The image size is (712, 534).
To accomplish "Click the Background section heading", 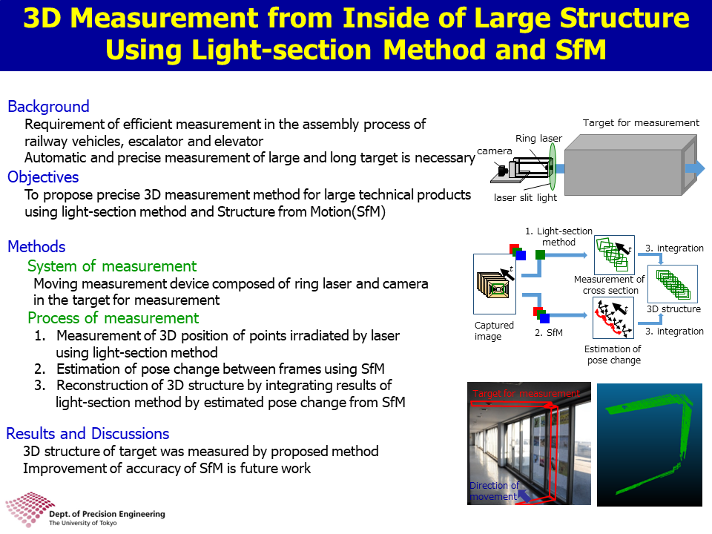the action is pyautogui.click(x=49, y=106).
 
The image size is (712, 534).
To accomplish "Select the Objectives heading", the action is pyautogui.click(x=43, y=177).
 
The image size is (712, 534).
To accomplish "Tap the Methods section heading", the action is pyautogui.click(x=37, y=246).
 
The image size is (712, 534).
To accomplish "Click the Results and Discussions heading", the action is pyautogui.click(x=88, y=434).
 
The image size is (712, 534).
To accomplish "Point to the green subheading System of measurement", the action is pyautogui.click(x=112, y=266).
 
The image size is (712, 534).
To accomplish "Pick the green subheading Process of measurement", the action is pyautogui.click(x=113, y=318).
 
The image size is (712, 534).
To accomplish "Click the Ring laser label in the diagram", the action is pyautogui.click(x=538, y=138).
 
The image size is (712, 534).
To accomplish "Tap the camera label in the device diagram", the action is pyautogui.click(x=495, y=151).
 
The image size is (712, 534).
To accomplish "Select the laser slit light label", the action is pyautogui.click(x=525, y=197).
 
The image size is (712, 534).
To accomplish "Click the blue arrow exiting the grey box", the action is pyautogui.click(x=695, y=168).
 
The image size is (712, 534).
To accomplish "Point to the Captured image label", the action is pyautogui.click(x=494, y=331).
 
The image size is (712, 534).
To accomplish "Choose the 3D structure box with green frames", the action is pyautogui.click(x=673, y=284).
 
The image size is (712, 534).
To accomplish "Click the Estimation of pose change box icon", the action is pyautogui.click(x=613, y=318).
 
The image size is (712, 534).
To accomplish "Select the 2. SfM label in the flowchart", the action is pyautogui.click(x=549, y=333).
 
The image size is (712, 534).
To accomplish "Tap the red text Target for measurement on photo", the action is pyautogui.click(x=526, y=393).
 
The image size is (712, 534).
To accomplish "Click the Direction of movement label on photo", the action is pyautogui.click(x=494, y=491).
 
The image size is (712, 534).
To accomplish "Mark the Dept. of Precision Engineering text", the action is pyautogui.click(x=107, y=514).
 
